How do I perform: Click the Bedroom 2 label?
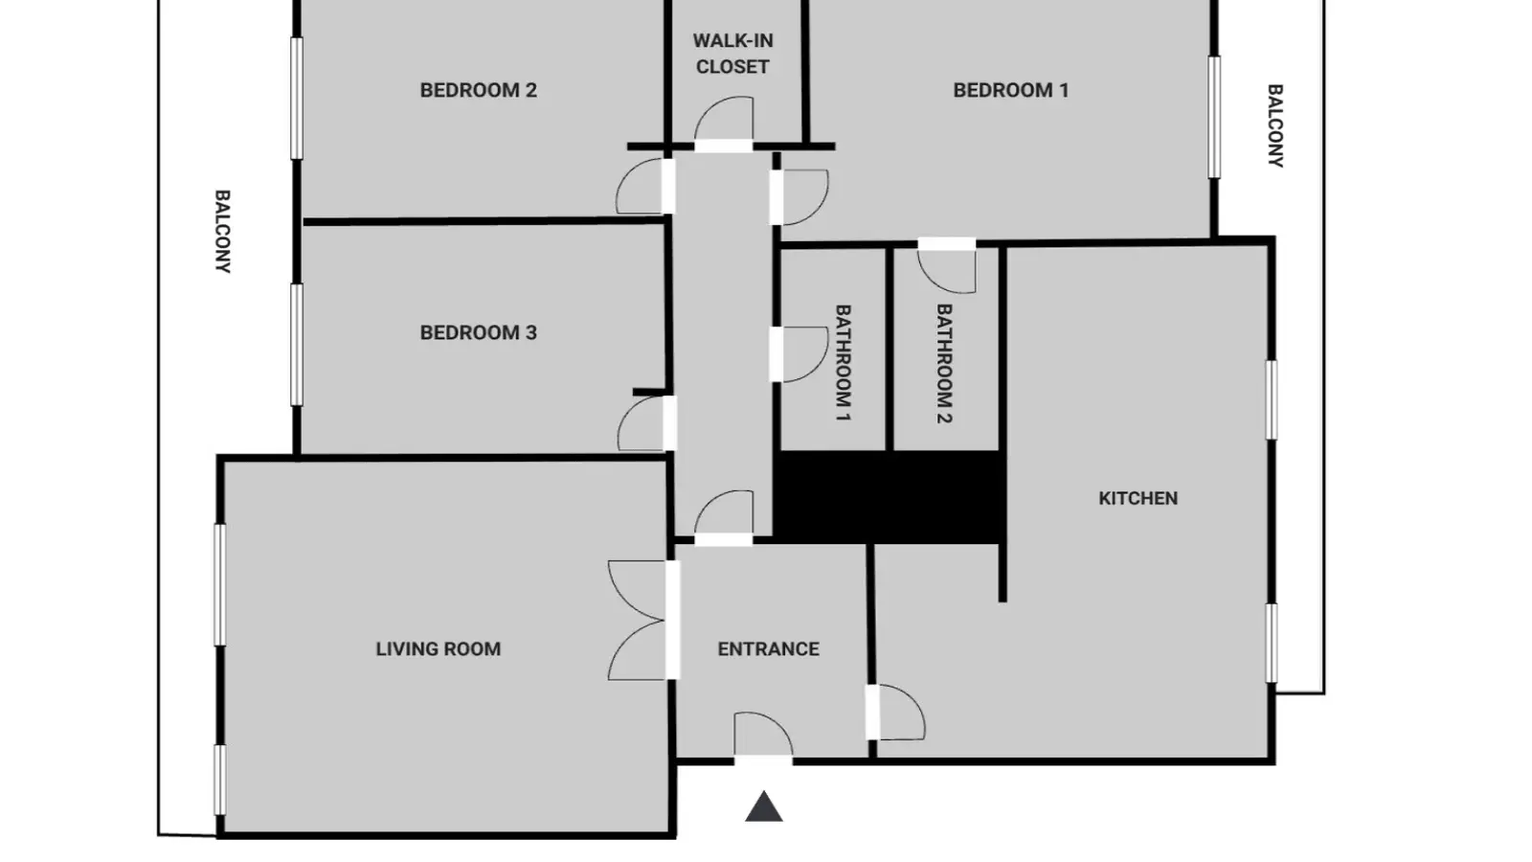point(478,90)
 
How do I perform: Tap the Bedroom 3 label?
point(478,332)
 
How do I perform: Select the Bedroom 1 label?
point(1011,90)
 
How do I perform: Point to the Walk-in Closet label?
point(732,54)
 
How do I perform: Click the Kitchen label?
point(1138,498)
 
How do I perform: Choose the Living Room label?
point(438,648)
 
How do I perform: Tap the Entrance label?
point(768,648)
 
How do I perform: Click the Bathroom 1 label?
point(843,363)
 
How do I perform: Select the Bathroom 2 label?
point(944,364)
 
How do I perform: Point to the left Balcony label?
point(222,231)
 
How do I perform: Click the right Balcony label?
point(1274,125)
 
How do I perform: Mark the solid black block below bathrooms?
point(890,497)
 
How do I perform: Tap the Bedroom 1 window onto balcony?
point(1214,117)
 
